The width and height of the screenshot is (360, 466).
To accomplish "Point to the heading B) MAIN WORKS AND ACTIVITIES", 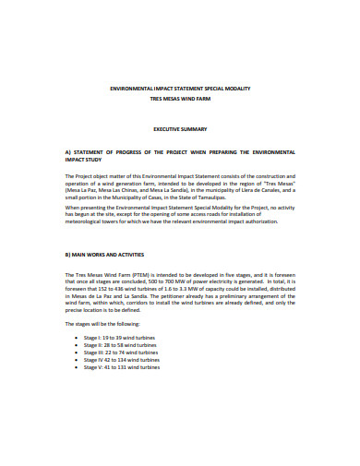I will pos(103,253).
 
